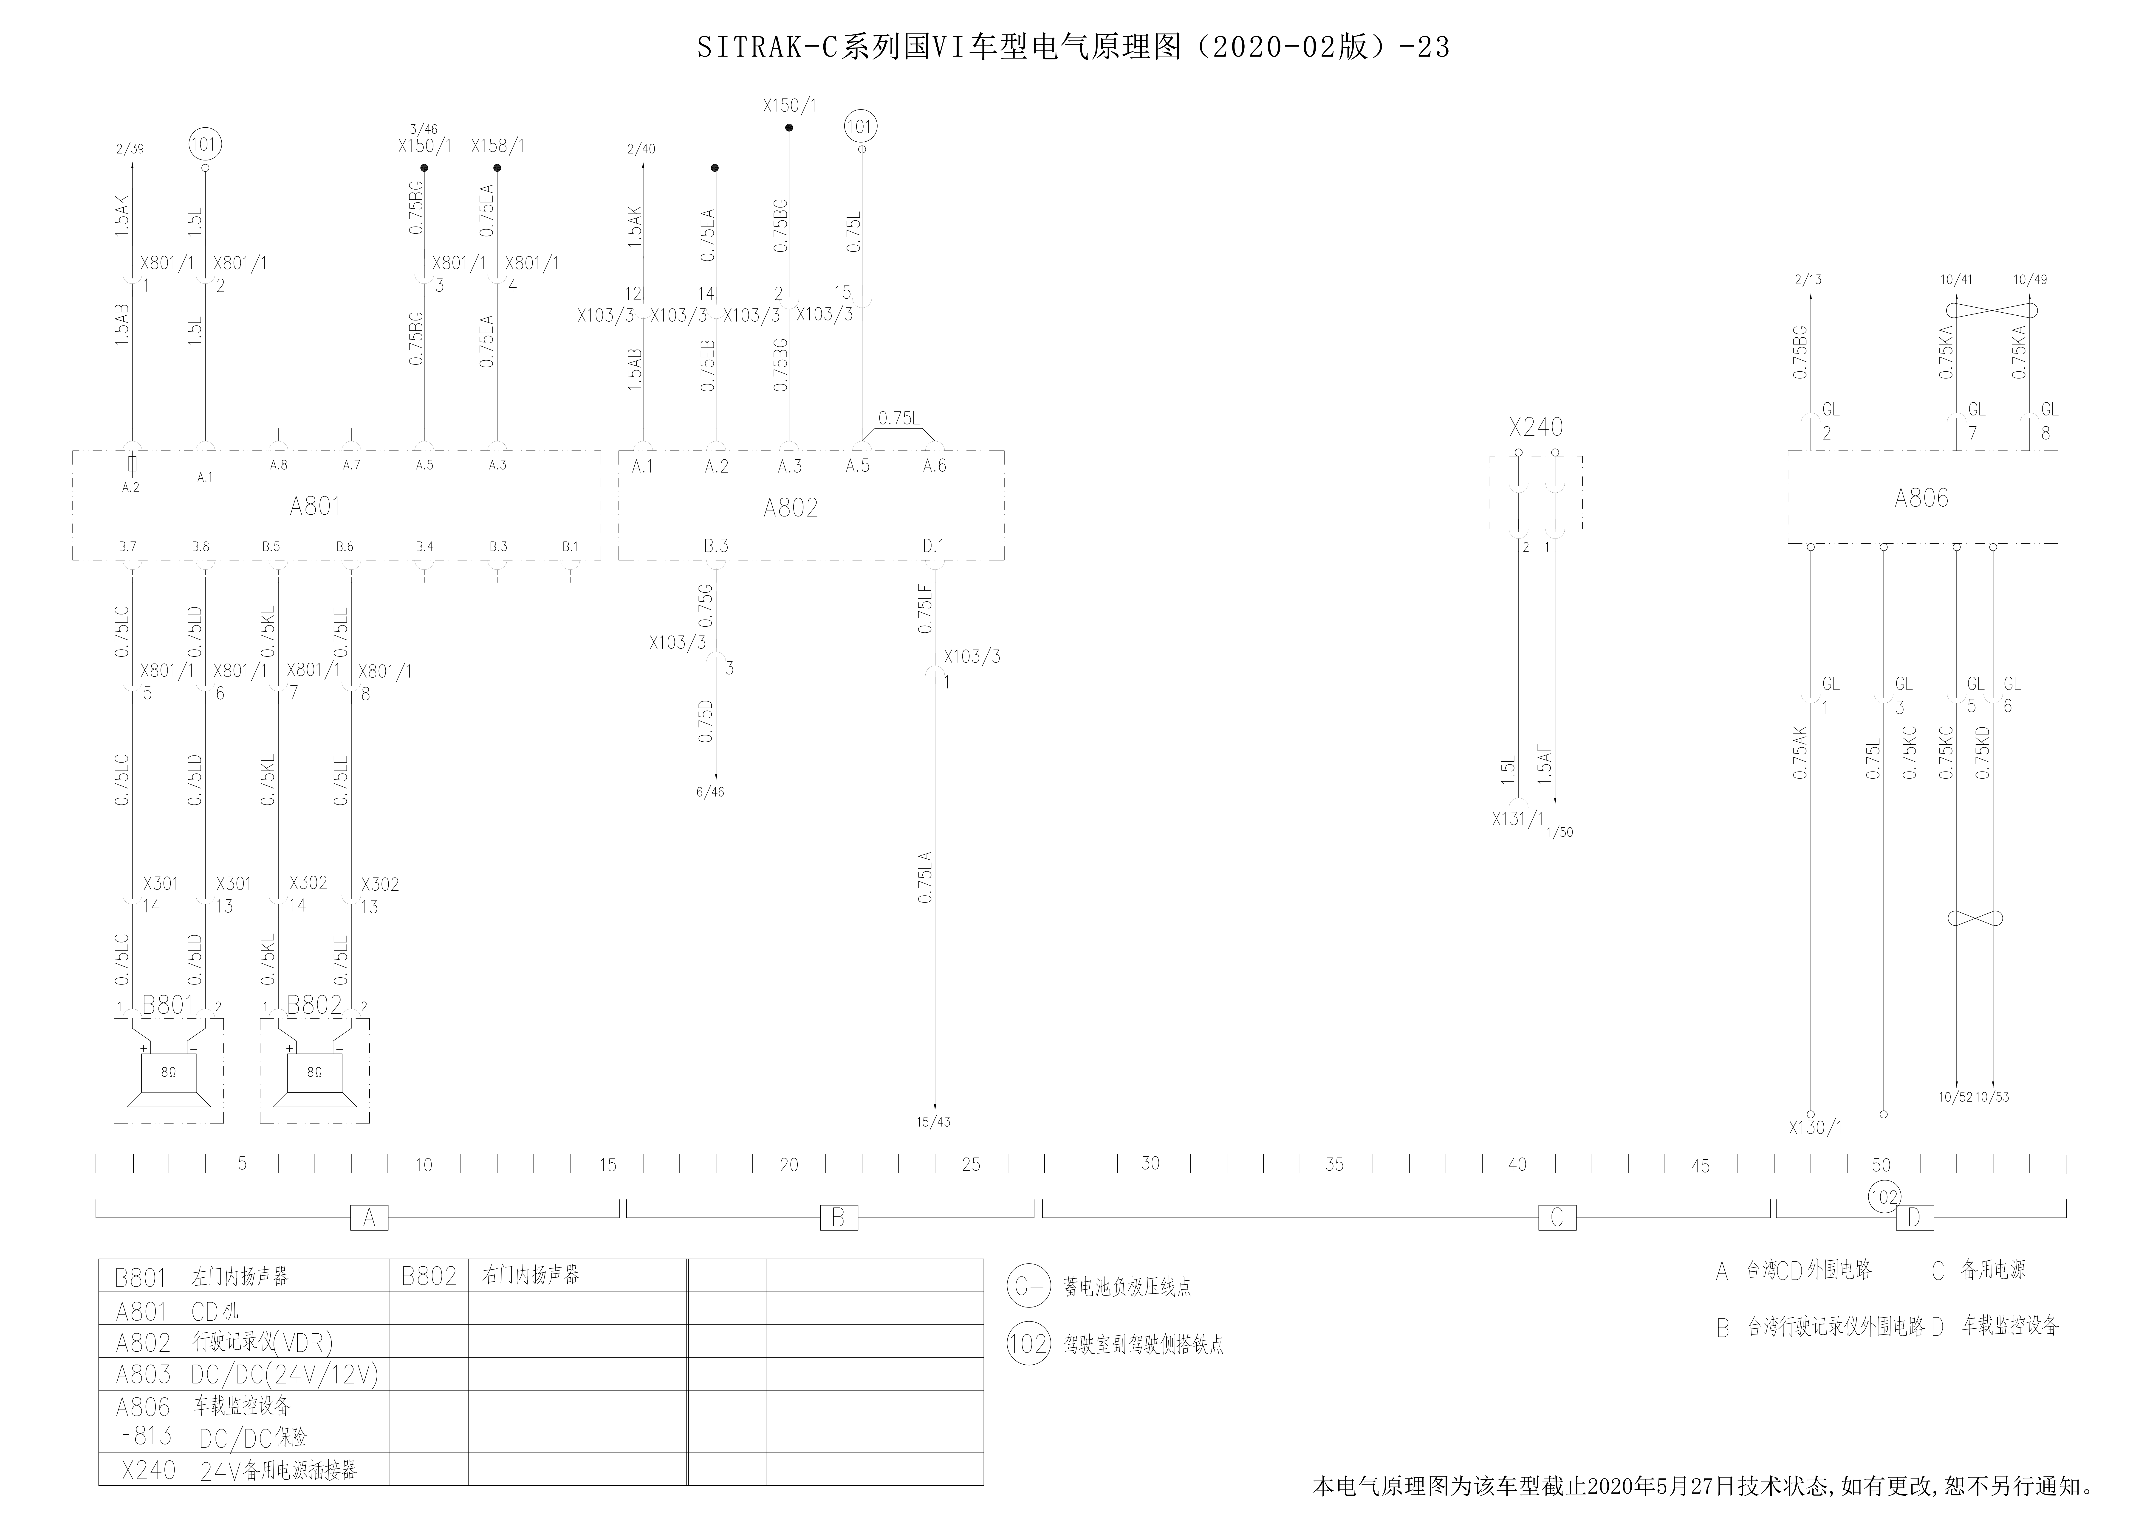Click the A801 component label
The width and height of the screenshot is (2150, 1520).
click(x=315, y=506)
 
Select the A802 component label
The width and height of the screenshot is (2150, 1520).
click(x=790, y=508)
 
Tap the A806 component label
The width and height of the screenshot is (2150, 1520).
click(x=1921, y=498)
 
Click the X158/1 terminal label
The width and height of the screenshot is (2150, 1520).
click(x=497, y=146)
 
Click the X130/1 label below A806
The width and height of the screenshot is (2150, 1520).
click(x=1815, y=1128)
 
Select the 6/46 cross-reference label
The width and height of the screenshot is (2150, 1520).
click(x=710, y=792)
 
